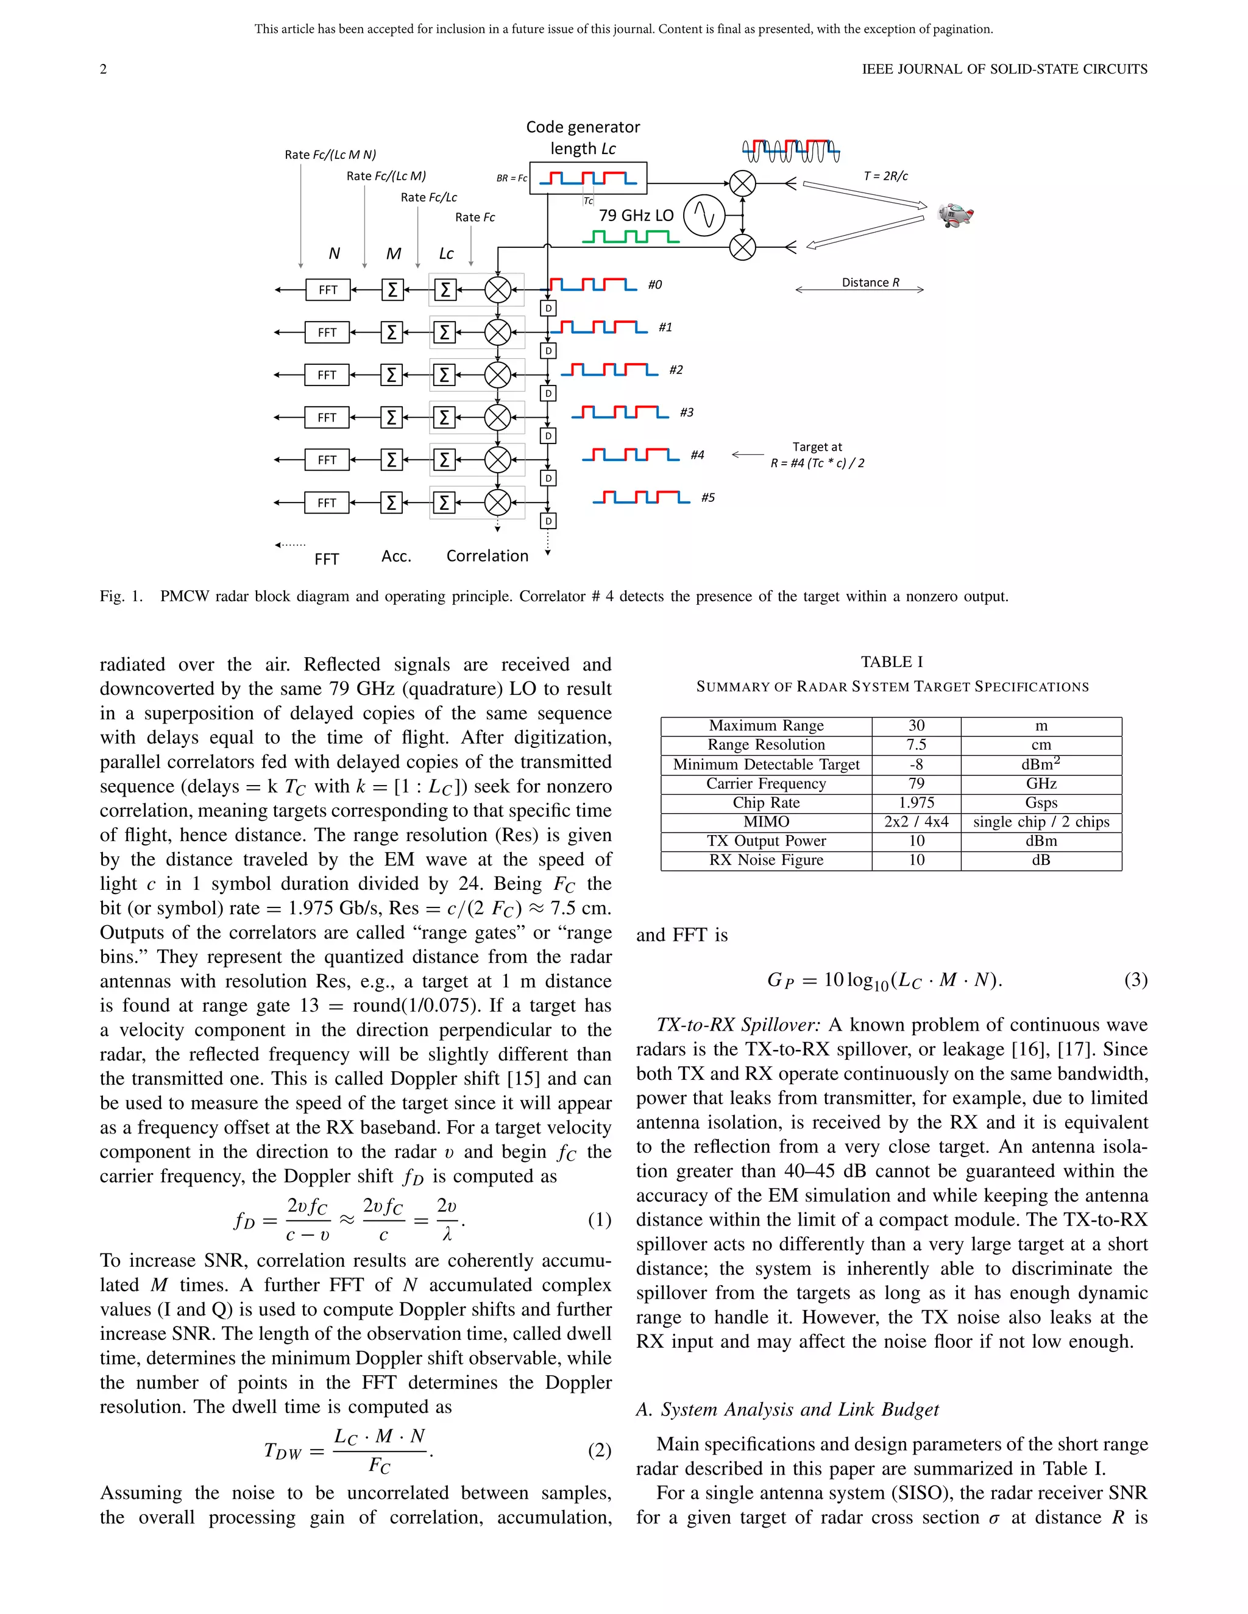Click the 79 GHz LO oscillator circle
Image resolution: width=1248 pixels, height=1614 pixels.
coord(704,215)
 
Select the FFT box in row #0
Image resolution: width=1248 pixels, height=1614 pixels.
coord(327,290)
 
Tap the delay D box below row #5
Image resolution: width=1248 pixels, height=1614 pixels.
coord(548,521)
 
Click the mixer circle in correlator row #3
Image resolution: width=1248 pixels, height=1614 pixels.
coord(498,418)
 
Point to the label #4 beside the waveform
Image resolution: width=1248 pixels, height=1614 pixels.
coord(697,455)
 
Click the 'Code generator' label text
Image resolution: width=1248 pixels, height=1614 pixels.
coord(583,127)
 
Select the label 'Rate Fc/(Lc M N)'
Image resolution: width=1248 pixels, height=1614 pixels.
coord(330,155)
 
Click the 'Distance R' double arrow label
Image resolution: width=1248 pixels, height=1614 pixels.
coord(870,283)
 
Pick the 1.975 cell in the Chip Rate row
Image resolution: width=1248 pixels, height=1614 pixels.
coord(916,803)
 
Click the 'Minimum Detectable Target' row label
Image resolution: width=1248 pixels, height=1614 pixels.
coord(766,764)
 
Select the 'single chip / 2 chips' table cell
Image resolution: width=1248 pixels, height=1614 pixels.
coord(1041,822)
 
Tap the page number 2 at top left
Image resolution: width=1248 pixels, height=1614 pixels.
coord(104,69)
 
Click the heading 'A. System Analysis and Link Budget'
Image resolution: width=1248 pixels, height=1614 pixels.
coord(787,1409)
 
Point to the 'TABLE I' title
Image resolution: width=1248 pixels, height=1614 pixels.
coord(892,662)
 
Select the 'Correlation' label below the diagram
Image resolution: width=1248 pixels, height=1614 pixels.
coord(487,555)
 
